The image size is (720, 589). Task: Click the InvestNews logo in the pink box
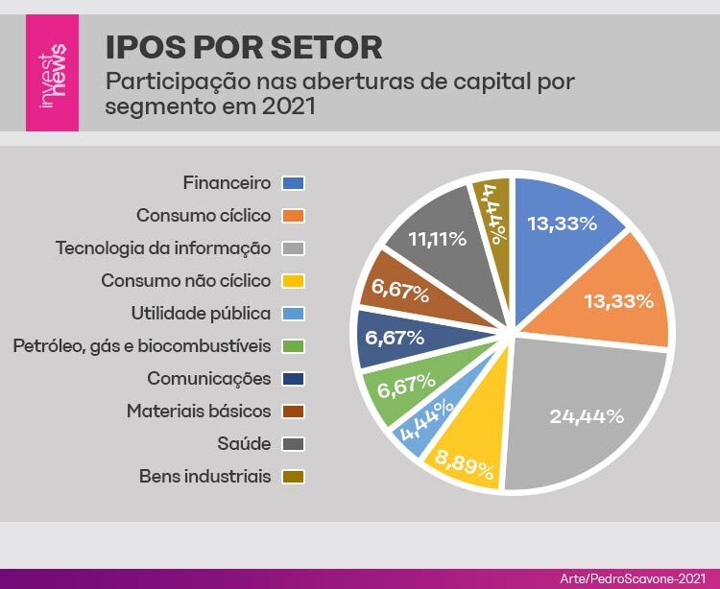[x=52, y=73]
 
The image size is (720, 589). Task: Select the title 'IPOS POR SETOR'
[x=243, y=46]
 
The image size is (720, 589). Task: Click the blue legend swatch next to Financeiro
[x=293, y=182]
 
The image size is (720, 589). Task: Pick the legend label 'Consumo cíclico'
[x=204, y=215]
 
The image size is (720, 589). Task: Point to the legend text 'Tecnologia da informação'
[x=163, y=247]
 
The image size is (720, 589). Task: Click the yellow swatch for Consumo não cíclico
[x=293, y=280]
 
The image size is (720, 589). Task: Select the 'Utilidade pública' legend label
[x=201, y=313]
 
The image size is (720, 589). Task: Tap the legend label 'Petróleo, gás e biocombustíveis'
[x=142, y=345]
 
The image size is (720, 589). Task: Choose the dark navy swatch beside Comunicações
[x=293, y=378]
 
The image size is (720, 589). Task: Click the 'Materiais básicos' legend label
[x=199, y=411]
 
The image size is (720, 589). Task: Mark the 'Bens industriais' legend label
[x=204, y=476]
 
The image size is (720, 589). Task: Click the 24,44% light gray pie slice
[x=587, y=416]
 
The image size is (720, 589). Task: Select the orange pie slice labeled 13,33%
[x=618, y=300]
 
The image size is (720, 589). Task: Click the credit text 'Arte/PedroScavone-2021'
[x=634, y=578]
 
